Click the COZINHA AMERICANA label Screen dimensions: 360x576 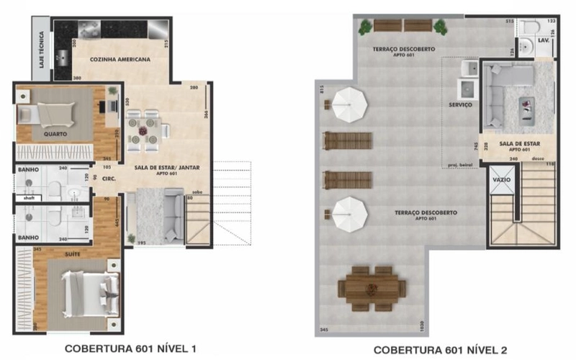[x=120, y=60]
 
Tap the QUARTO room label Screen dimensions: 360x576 [x=55, y=134]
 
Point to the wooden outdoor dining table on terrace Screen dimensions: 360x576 [x=371, y=287]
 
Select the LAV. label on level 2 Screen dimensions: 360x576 [x=545, y=42]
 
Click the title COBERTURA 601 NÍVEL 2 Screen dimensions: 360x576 [x=439, y=350]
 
